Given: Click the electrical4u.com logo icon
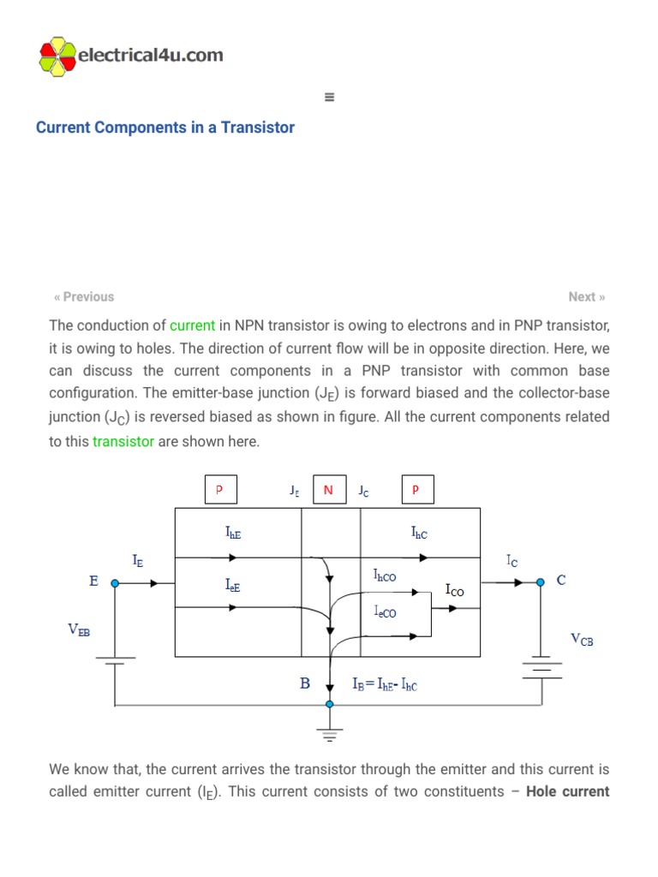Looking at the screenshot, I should [x=57, y=57].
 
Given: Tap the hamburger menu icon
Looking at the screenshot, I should [x=329, y=97].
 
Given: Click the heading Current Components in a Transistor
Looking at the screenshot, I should [x=165, y=128].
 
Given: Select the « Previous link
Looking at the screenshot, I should [x=84, y=296].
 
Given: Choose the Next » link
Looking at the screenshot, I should [x=587, y=296].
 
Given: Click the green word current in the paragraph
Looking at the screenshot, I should [x=192, y=325].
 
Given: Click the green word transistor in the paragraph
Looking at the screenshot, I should [x=123, y=441].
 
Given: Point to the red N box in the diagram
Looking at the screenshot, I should [x=328, y=490].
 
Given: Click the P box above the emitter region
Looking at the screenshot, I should [x=219, y=490].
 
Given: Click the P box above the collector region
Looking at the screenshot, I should [x=417, y=490].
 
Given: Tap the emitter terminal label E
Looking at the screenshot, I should [x=93, y=581].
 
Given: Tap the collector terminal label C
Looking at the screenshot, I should [x=561, y=580].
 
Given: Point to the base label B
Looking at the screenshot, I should [x=304, y=684].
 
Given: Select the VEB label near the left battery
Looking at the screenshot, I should [x=79, y=630].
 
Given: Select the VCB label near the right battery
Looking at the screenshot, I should [x=582, y=639].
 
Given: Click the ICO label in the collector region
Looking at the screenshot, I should [x=454, y=589].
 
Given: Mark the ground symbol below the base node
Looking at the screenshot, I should [x=330, y=732].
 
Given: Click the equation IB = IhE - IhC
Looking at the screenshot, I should [x=385, y=685].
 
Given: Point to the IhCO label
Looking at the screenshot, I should [x=385, y=576].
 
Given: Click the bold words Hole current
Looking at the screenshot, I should [x=567, y=791].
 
